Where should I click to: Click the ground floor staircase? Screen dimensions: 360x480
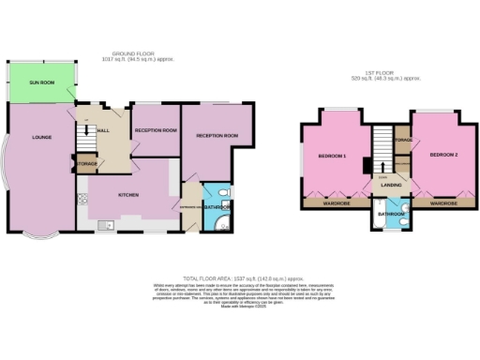[x=83, y=137]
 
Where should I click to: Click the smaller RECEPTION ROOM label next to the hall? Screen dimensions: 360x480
[x=156, y=130]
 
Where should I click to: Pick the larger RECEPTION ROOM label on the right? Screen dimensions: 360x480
[x=217, y=136]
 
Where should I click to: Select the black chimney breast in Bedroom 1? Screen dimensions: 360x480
[x=364, y=165]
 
